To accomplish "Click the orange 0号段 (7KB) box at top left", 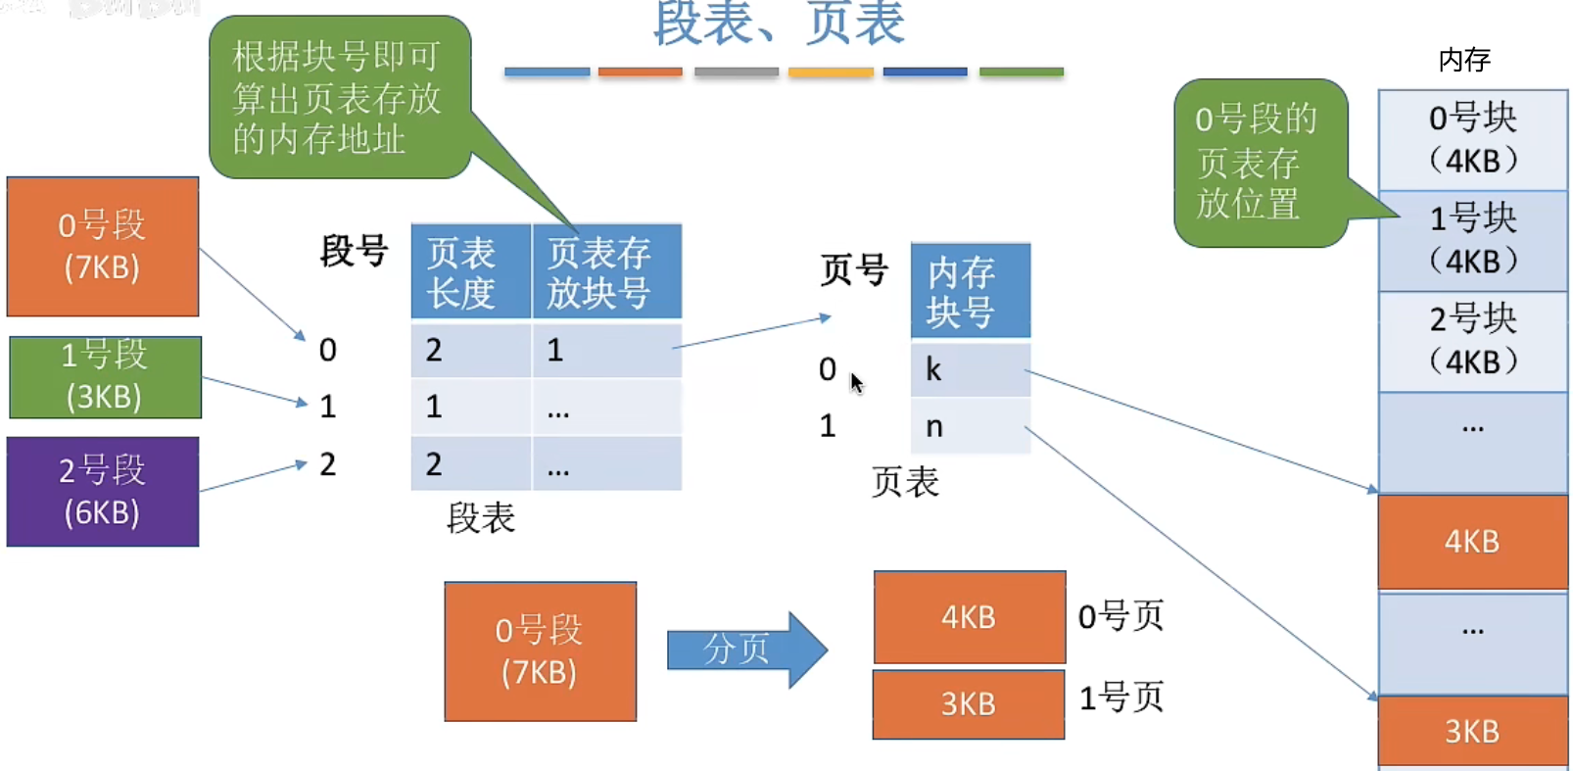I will pos(103,246).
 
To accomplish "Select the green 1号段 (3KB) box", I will pos(105,377).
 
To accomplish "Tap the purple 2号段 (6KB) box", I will pos(103,491).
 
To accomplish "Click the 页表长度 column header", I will pos(470,272).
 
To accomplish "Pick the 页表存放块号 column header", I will pos(606,272).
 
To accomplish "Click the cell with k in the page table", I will pos(970,369).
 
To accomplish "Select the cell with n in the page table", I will pos(970,426).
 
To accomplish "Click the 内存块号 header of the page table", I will pos(970,291).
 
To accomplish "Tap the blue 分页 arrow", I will pos(744,649).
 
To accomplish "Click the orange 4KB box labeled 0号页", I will pos(969,617).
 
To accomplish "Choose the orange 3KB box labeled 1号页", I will pos(969,703).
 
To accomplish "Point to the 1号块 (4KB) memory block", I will pos(1472,240).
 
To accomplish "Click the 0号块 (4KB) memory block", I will pos(1472,139).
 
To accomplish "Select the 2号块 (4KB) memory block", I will pos(1472,340).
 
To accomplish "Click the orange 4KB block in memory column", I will pos(1472,541).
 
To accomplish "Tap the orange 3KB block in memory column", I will pos(1472,731).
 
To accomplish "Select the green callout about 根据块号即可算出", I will pos(338,98).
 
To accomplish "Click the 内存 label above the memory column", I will pos(1464,60).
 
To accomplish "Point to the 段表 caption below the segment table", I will pos(480,517).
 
